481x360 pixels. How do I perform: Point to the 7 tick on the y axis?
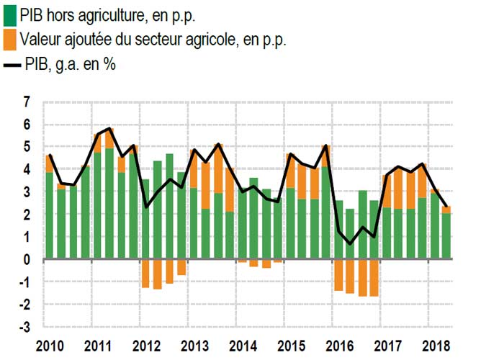click(27, 103)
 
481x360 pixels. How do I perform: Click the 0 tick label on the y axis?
click(27, 260)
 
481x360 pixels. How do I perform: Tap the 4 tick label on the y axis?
click(27, 170)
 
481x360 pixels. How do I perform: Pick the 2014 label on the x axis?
click(244, 344)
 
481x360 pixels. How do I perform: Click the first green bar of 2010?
click(49, 216)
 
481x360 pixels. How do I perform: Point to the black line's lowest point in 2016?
click(351, 244)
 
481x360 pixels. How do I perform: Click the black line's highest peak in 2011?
click(109, 128)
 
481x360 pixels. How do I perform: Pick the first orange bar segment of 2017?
click(387, 191)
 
